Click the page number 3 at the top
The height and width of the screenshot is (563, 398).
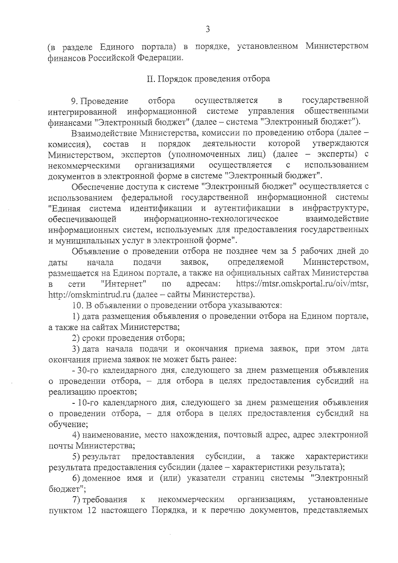click(208, 30)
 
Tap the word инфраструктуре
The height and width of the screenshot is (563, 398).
click(335, 208)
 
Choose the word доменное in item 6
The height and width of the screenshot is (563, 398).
click(101, 478)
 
